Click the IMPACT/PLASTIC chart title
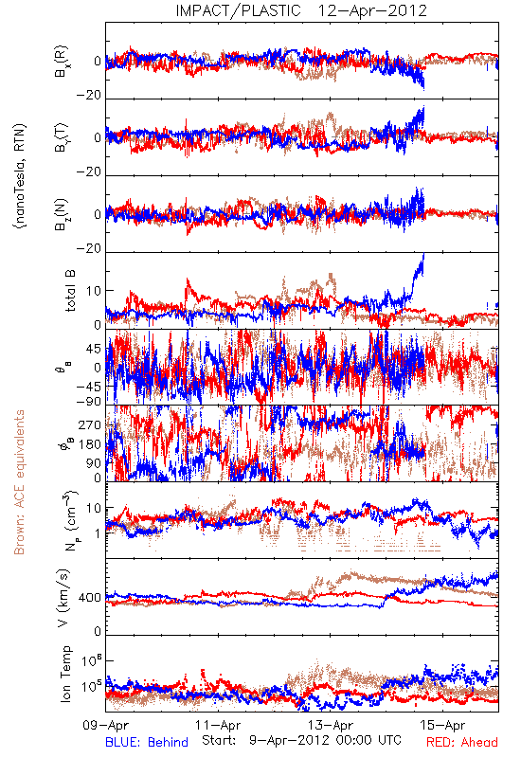click(301, 10)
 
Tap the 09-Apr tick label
click(106, 725)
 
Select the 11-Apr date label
click(219, 725)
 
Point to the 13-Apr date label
click(331, 725)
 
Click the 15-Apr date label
click(443, 725)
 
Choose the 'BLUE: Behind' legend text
click(147, 742)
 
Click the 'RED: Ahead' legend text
click(462, 742)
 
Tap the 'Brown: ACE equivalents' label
click(19, 482)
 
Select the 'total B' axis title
click(70, 291)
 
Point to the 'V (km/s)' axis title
click(63, 598)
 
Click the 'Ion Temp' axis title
click(65, 674)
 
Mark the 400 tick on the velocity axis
click(90, 598)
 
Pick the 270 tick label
click(90, 425)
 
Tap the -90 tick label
click(89, 401)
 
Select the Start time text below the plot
click(301, 740)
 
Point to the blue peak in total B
click(423, 254)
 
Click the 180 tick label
click(90, 444)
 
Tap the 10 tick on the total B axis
click(94, 291)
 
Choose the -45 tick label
click(89, 387)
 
